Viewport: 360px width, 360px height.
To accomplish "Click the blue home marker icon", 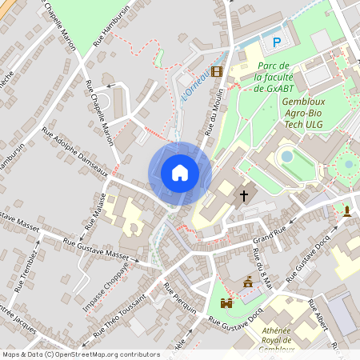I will coord(180,172).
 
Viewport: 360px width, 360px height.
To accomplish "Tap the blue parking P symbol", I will coord(277,42).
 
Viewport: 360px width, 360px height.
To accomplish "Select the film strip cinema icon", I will coord(218,70).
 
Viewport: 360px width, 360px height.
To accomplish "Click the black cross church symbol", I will coord(244,194).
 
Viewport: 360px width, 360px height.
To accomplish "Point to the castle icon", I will coord(226,304).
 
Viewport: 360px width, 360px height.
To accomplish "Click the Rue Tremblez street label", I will coord(26,273).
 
